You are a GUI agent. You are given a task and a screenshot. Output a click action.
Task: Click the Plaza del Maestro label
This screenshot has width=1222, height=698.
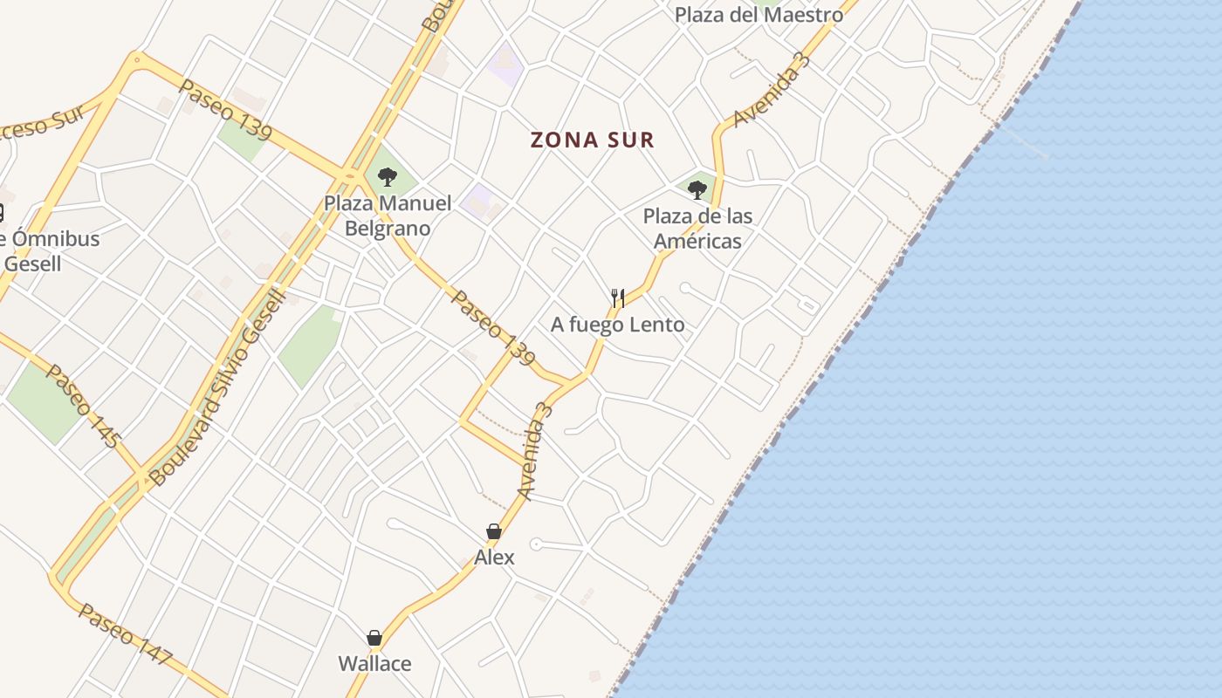click(x=759, y=15)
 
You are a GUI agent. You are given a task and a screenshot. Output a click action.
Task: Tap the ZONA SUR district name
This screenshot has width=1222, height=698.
click(x=593, y=140)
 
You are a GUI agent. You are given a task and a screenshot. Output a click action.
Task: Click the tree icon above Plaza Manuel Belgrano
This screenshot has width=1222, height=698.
click(x=388, y=177)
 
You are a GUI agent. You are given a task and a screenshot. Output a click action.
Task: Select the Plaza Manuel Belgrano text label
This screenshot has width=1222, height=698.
click(x=388, y=216)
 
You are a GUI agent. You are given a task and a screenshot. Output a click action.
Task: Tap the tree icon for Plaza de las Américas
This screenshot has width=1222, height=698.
click(x=697, y=189)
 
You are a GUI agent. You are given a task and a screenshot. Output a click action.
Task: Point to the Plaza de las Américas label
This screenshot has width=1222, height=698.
click(x=697, y=229)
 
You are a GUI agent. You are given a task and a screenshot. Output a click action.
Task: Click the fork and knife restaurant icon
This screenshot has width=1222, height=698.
click(x=617, y=298)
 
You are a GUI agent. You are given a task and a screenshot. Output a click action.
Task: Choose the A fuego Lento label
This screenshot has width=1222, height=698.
click(x=617, y=325)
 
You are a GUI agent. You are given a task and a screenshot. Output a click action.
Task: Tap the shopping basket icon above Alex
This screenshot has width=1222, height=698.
click(x=494, y=531)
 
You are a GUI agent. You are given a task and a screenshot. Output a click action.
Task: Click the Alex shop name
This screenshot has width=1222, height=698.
click(x=494, y=558)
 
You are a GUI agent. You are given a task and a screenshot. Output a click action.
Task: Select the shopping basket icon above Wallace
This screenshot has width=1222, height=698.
click(x=374, y=638)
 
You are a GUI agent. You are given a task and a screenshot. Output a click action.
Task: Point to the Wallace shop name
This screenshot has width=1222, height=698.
click(x=374, y=664)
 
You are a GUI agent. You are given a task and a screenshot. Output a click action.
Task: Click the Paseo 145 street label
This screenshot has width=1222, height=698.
click(x=82, y=406)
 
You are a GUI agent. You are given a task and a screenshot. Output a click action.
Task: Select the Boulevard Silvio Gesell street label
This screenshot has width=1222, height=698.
click(x=217, y=388)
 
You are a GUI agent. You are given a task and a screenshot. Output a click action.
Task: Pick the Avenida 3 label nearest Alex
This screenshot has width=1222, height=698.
click(x=536, y=451)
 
